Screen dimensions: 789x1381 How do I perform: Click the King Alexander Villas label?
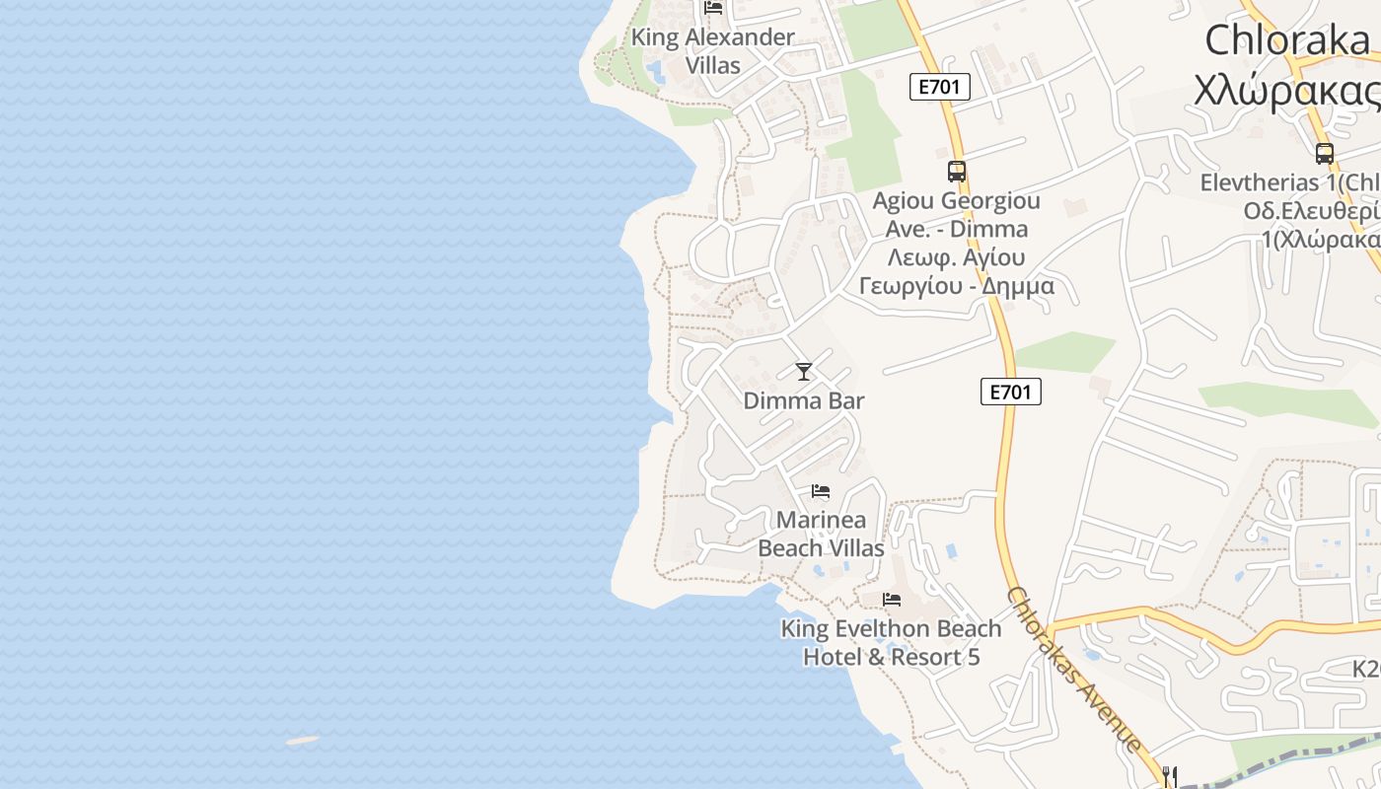pos(712,51)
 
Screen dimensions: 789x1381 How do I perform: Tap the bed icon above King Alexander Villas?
pos(713,8)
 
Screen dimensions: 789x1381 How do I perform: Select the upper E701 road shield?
pos(939,87)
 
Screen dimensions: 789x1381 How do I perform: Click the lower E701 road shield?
pos(1011,393)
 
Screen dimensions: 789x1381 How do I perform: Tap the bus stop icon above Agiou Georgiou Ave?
pos(956,172)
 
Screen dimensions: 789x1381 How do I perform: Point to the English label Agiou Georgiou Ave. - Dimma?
pos(956,215)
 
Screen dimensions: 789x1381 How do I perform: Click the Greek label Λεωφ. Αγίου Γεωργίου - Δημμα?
pos(956,272)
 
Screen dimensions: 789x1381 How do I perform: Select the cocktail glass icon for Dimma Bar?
pos(804,372)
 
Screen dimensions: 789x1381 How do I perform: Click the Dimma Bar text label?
pos(804,401)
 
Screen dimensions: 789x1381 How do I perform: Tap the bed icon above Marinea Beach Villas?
pos(821,491)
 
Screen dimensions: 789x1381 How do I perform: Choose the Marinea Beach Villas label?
pos(821,534)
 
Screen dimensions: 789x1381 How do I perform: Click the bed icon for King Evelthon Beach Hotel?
pos(892,600)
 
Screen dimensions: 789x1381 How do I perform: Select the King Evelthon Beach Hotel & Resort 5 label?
pos(891,643)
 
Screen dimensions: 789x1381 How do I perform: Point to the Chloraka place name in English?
pos(1286,40)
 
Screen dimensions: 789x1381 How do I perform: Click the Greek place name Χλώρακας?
pos(1286,91)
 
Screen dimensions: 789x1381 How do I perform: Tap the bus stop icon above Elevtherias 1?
pos(1324,154)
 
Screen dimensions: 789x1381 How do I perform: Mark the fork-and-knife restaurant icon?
pos(1169,776)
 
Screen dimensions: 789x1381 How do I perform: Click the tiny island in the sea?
pos(303,740)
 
